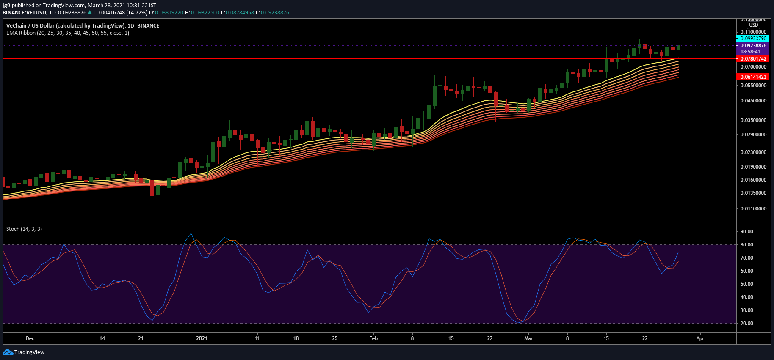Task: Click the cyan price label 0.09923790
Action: tap(753, 39)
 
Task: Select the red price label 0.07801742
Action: tap(753, 59)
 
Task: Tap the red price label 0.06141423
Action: tap(753, 77)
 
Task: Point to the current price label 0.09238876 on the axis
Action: tap(753, 46)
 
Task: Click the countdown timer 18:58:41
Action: tap(750, 52)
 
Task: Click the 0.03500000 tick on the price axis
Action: tap(753, 120)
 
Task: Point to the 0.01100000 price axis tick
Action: tap(753, 209)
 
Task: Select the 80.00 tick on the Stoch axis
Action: tap(747, 245)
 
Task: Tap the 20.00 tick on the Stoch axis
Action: tap(747, 324)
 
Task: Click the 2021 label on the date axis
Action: tap(202, 338)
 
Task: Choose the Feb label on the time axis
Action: tap(373, 338)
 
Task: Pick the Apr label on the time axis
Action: tap(700, 338)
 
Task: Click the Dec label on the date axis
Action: tap(30, 338)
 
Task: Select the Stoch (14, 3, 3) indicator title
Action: tap(24, 229)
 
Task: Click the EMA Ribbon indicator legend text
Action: tap(68, 33)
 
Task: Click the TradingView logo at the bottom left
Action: tap(24, 352)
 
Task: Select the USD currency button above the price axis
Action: tap(754, 25)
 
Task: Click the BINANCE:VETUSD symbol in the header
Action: tap(24, 13)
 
